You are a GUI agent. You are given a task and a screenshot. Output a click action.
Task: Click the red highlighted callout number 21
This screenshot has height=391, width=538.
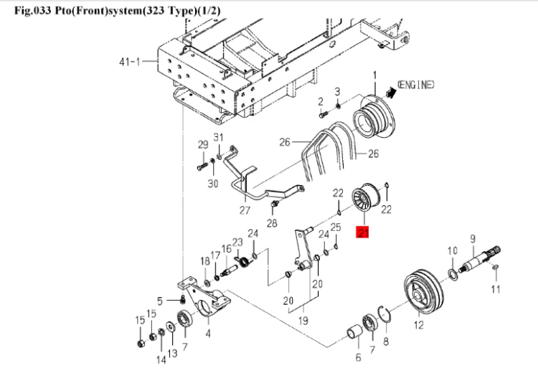click(363, 232)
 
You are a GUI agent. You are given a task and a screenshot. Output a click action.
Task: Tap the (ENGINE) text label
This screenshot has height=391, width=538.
click(415, 84)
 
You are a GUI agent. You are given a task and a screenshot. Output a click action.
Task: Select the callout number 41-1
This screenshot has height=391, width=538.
click(130, 62)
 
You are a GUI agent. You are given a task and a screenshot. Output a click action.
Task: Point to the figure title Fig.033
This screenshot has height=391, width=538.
click(33, 10)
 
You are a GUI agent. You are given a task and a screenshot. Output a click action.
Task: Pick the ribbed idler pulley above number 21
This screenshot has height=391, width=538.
click(366, 199)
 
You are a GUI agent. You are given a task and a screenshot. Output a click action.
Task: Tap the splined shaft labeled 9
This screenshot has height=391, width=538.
click(482, 258)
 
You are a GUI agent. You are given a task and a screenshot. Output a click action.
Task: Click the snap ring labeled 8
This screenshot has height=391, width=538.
click(384, 314)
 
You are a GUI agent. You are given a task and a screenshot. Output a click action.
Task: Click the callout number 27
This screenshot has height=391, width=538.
click(245, 209)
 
